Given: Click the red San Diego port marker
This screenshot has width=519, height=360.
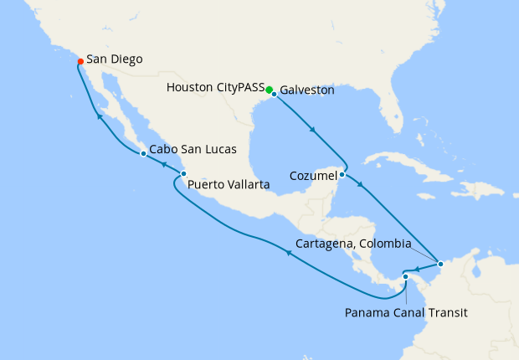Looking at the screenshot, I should [x=80, y=61].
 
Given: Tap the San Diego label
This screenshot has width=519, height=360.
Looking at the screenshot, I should [x=114, y=60].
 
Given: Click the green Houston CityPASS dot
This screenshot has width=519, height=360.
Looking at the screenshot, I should [x=269, y=89].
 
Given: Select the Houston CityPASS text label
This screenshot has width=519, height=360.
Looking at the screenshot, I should [x=215, y=87].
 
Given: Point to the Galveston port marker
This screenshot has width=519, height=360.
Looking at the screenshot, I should [x=274, y=94].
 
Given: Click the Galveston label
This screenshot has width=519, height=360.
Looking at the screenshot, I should [x=307, y=89].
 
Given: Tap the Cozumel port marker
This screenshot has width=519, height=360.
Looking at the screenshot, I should [x=342, y=175].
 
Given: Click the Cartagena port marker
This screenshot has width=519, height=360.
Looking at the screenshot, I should [x=439, y=265].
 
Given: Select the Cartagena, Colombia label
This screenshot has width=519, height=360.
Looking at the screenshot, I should [x=354, y=244].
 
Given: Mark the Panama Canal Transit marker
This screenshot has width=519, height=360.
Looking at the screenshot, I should [x=405, y=276].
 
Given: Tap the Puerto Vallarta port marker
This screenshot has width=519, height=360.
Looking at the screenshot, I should [x=183, y=174].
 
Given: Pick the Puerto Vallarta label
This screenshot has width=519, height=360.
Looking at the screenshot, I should [x=229, y=185].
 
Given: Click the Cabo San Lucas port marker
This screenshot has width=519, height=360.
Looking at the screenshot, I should [x=143, y=154].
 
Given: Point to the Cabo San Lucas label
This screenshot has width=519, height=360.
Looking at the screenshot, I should [x=192, y=150].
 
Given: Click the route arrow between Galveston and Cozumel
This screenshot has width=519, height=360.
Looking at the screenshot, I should [x=312, y=130].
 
